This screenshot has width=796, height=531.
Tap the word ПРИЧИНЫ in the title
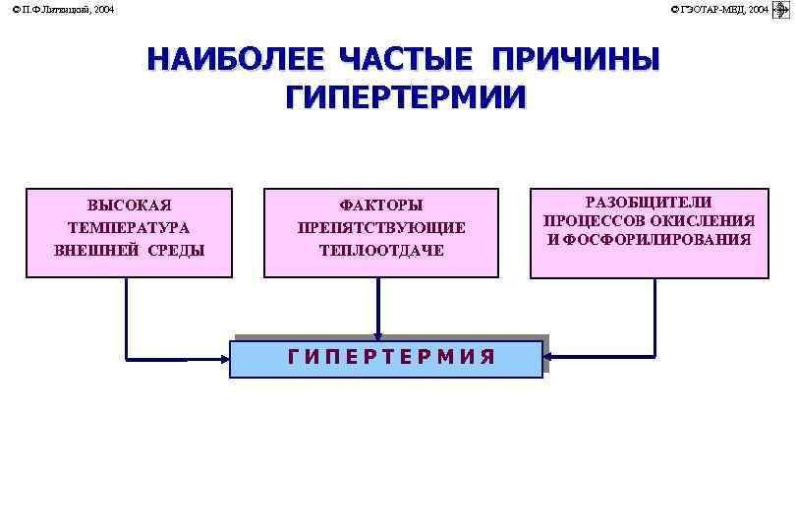[x=575, y=60]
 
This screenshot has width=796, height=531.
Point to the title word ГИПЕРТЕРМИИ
[x=406, y=98]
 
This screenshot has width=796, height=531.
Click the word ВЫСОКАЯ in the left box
[x=129, y=206]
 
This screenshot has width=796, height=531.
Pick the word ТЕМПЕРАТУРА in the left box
[x=129, y=227]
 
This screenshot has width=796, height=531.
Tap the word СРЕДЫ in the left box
[x=178, y=250]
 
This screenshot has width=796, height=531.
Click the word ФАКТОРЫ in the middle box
[x=381, y=206]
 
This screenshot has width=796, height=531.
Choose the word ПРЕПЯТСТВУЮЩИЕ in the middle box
[x=381, y=227]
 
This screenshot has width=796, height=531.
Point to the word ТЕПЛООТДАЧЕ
[x=381, y=250]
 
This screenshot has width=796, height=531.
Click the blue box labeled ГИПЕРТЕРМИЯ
[x=386, y=358]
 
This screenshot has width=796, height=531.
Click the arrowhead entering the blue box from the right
[x=549, y=355]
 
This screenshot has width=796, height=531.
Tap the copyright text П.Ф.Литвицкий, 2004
[x=64, y=9]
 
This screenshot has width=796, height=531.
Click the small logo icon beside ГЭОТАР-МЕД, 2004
[x=782, y=9]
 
